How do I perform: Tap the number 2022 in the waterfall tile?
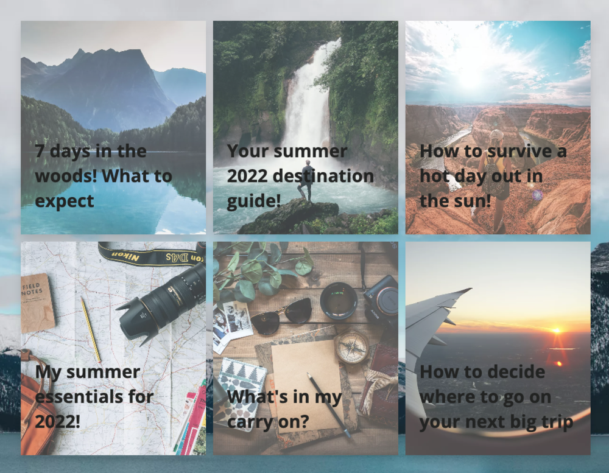(247, 176)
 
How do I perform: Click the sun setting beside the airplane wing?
(557, 331)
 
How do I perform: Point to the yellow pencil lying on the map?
(91, 330)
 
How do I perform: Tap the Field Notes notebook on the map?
(37, 303)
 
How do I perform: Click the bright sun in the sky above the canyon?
(471, 78)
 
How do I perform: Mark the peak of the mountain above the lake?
(80, 50)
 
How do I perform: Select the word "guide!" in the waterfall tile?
(254, 201)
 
